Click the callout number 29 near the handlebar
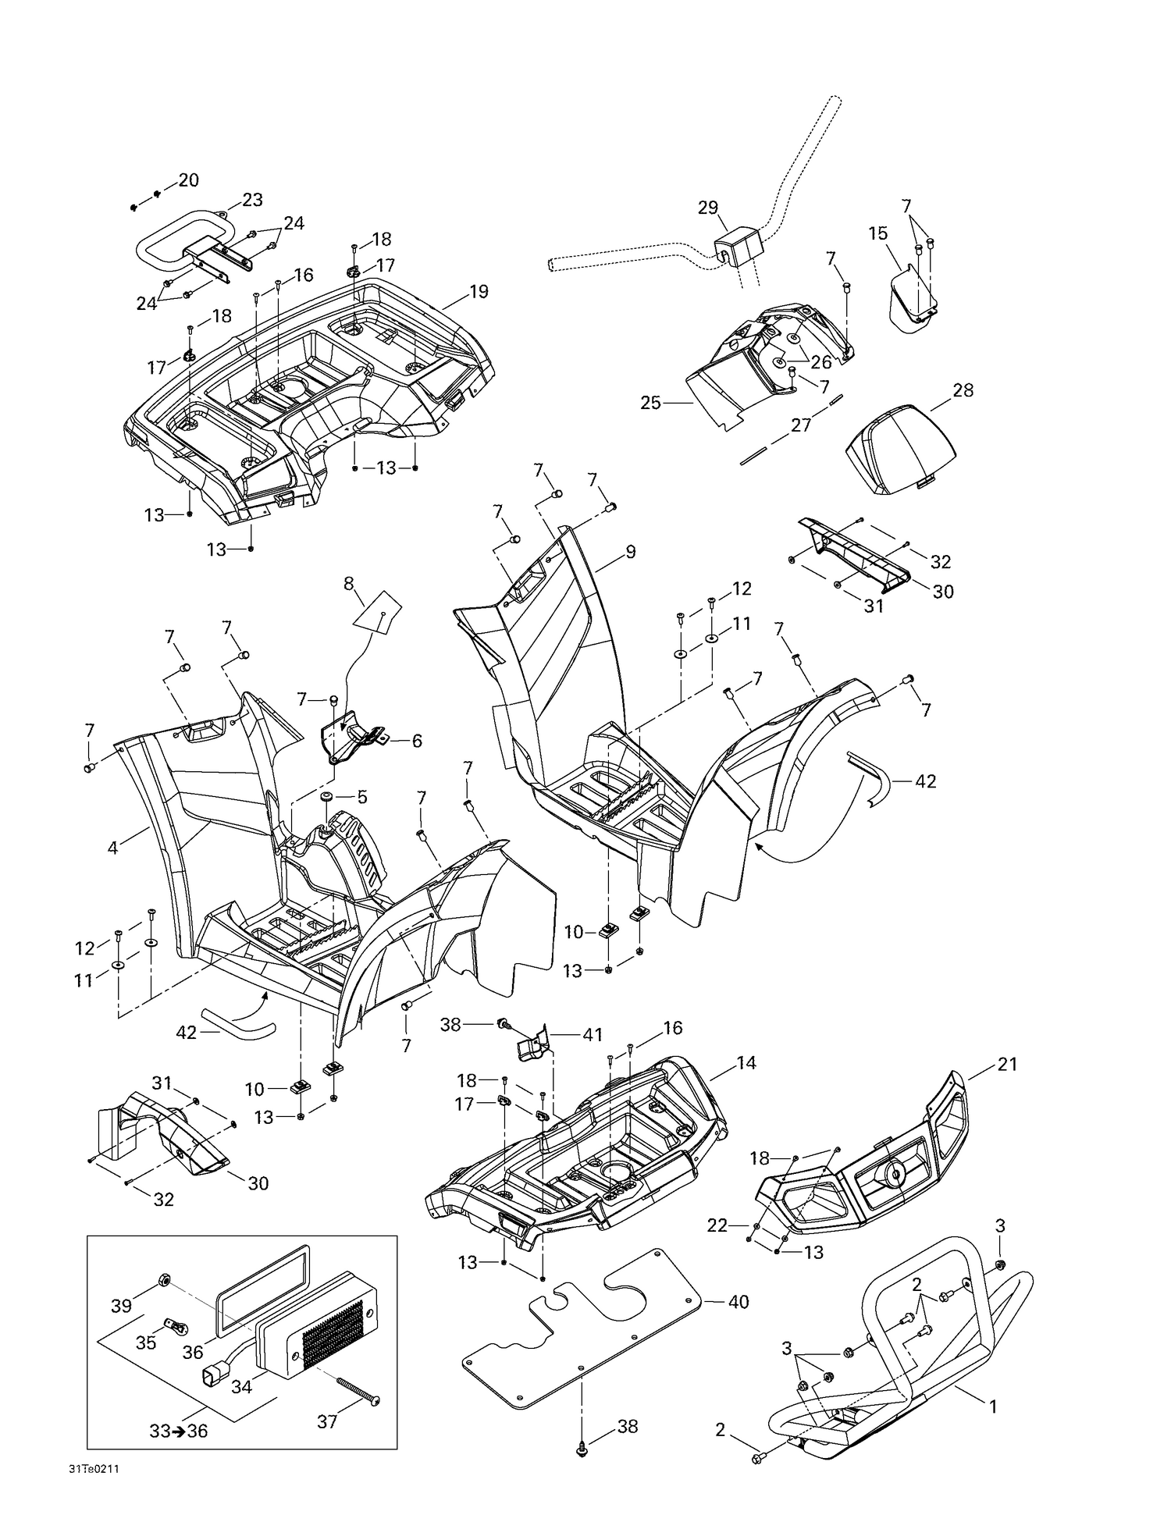tap(707, 208)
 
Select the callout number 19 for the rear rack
tap(479, 291)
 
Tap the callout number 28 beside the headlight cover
tap(963, 390)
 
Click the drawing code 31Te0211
tap(94, 1468)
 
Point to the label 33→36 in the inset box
tap(179, 1431)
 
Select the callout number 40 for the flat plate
tap(738, 1302)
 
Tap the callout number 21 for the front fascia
tap(1007, 1064)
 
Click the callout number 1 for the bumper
tap(993, 1407)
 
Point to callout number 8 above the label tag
tap(348, 583)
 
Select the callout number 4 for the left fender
tap(112, 847)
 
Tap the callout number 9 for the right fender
tap(630, 552)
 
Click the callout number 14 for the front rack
tap(746, 1062)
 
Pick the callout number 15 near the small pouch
tap(877, 233)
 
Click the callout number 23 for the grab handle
tap(252, 200)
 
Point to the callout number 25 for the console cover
tap(650, 403)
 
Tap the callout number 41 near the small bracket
tap(593, 1035)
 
